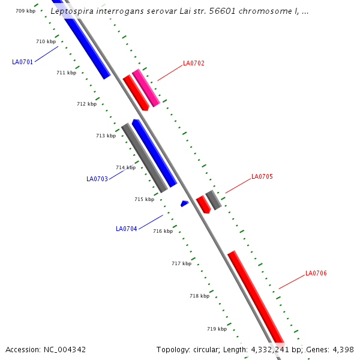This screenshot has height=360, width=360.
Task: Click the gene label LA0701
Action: point(23,62)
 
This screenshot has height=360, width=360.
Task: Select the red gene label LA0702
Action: point(193,63)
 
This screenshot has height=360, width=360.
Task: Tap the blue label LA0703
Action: point(97,179)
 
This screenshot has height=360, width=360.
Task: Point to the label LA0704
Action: point(126,229)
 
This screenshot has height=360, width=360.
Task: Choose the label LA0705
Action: point(262,176)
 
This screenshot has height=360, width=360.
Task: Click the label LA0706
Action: point(316,273)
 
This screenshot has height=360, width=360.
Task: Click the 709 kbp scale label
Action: point(26,11)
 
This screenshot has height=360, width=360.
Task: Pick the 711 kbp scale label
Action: point(67,73)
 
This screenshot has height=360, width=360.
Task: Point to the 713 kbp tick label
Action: point(106,136)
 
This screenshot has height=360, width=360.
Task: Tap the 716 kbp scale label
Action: point(163,231)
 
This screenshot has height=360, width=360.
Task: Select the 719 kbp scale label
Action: point(217,329)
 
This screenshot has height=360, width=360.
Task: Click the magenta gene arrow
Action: point(146,88)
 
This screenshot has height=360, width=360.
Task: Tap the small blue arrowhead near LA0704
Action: point(185,203)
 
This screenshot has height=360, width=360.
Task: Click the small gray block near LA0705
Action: point(214,200)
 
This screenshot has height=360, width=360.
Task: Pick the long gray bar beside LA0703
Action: point(144,158)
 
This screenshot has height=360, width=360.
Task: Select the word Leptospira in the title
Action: point(73,11)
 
